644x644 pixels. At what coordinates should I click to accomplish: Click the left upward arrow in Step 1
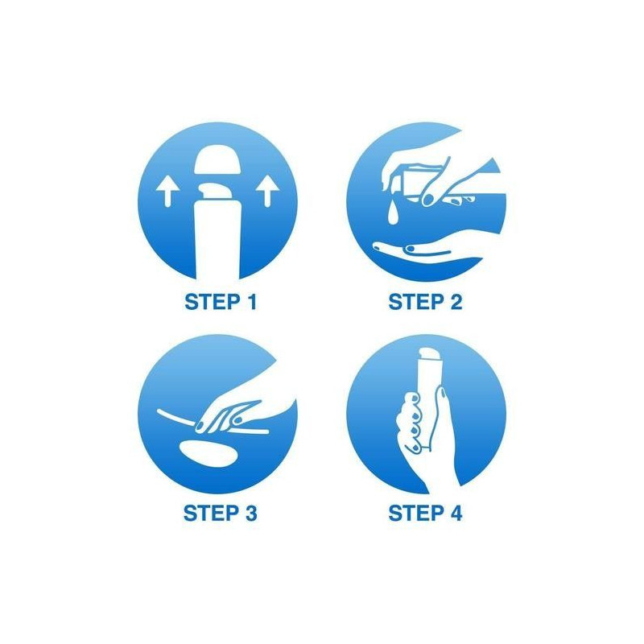coord(167,191)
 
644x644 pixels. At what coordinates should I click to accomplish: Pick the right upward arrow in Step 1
coord(268,191)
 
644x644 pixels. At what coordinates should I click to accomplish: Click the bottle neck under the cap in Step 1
coord(217,192)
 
